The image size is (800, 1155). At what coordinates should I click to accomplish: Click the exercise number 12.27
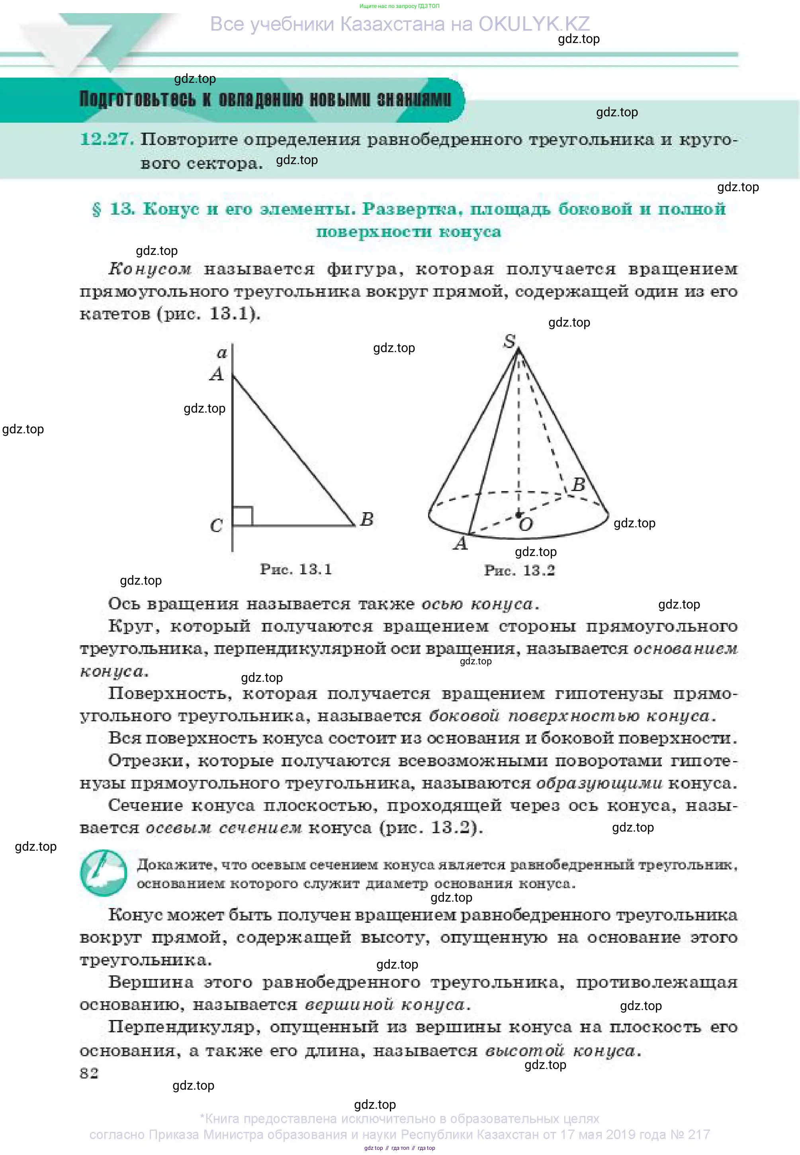pos(106,139)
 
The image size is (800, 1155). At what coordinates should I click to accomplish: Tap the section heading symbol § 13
pos(114,209)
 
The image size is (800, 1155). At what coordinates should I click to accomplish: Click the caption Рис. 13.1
pos(296,569)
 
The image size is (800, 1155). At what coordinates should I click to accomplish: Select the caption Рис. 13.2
pos(519,570)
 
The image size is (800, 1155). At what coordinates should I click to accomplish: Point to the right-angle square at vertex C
pos(243,516)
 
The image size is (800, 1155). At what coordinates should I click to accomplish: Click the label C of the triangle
pos(216,525)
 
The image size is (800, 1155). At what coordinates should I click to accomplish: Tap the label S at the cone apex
pos(509,341)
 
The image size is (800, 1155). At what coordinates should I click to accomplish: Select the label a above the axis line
pos(221,353)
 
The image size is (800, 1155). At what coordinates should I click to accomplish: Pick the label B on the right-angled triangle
pos(367,519)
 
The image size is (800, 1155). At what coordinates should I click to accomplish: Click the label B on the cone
pos(579,484)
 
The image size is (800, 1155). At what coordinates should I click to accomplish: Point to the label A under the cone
pos(461,543)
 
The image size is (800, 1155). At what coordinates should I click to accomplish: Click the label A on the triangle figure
pos(217,374)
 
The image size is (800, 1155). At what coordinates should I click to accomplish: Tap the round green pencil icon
pos(103,873)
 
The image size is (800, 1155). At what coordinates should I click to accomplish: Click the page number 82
pos(89,1073)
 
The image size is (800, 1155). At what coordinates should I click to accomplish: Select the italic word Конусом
pos(150,269)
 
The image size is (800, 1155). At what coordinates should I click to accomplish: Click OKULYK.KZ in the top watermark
pos(534,23)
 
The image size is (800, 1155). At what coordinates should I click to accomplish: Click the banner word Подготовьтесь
pos(137,99)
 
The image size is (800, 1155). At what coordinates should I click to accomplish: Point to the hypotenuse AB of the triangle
pos(293,450)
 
